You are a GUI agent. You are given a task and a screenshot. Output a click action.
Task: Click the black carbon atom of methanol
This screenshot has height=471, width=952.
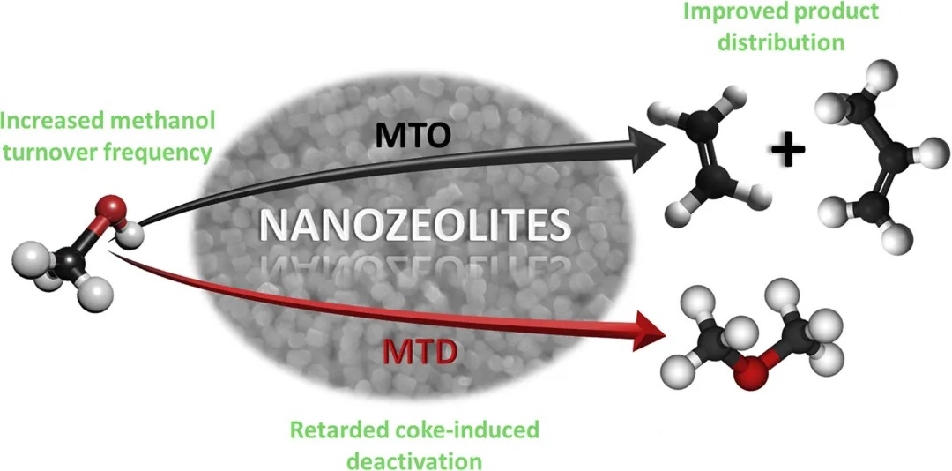click(x=64, y=259)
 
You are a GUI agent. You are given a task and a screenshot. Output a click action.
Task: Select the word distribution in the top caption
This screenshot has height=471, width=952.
click(x=806, y=41)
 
